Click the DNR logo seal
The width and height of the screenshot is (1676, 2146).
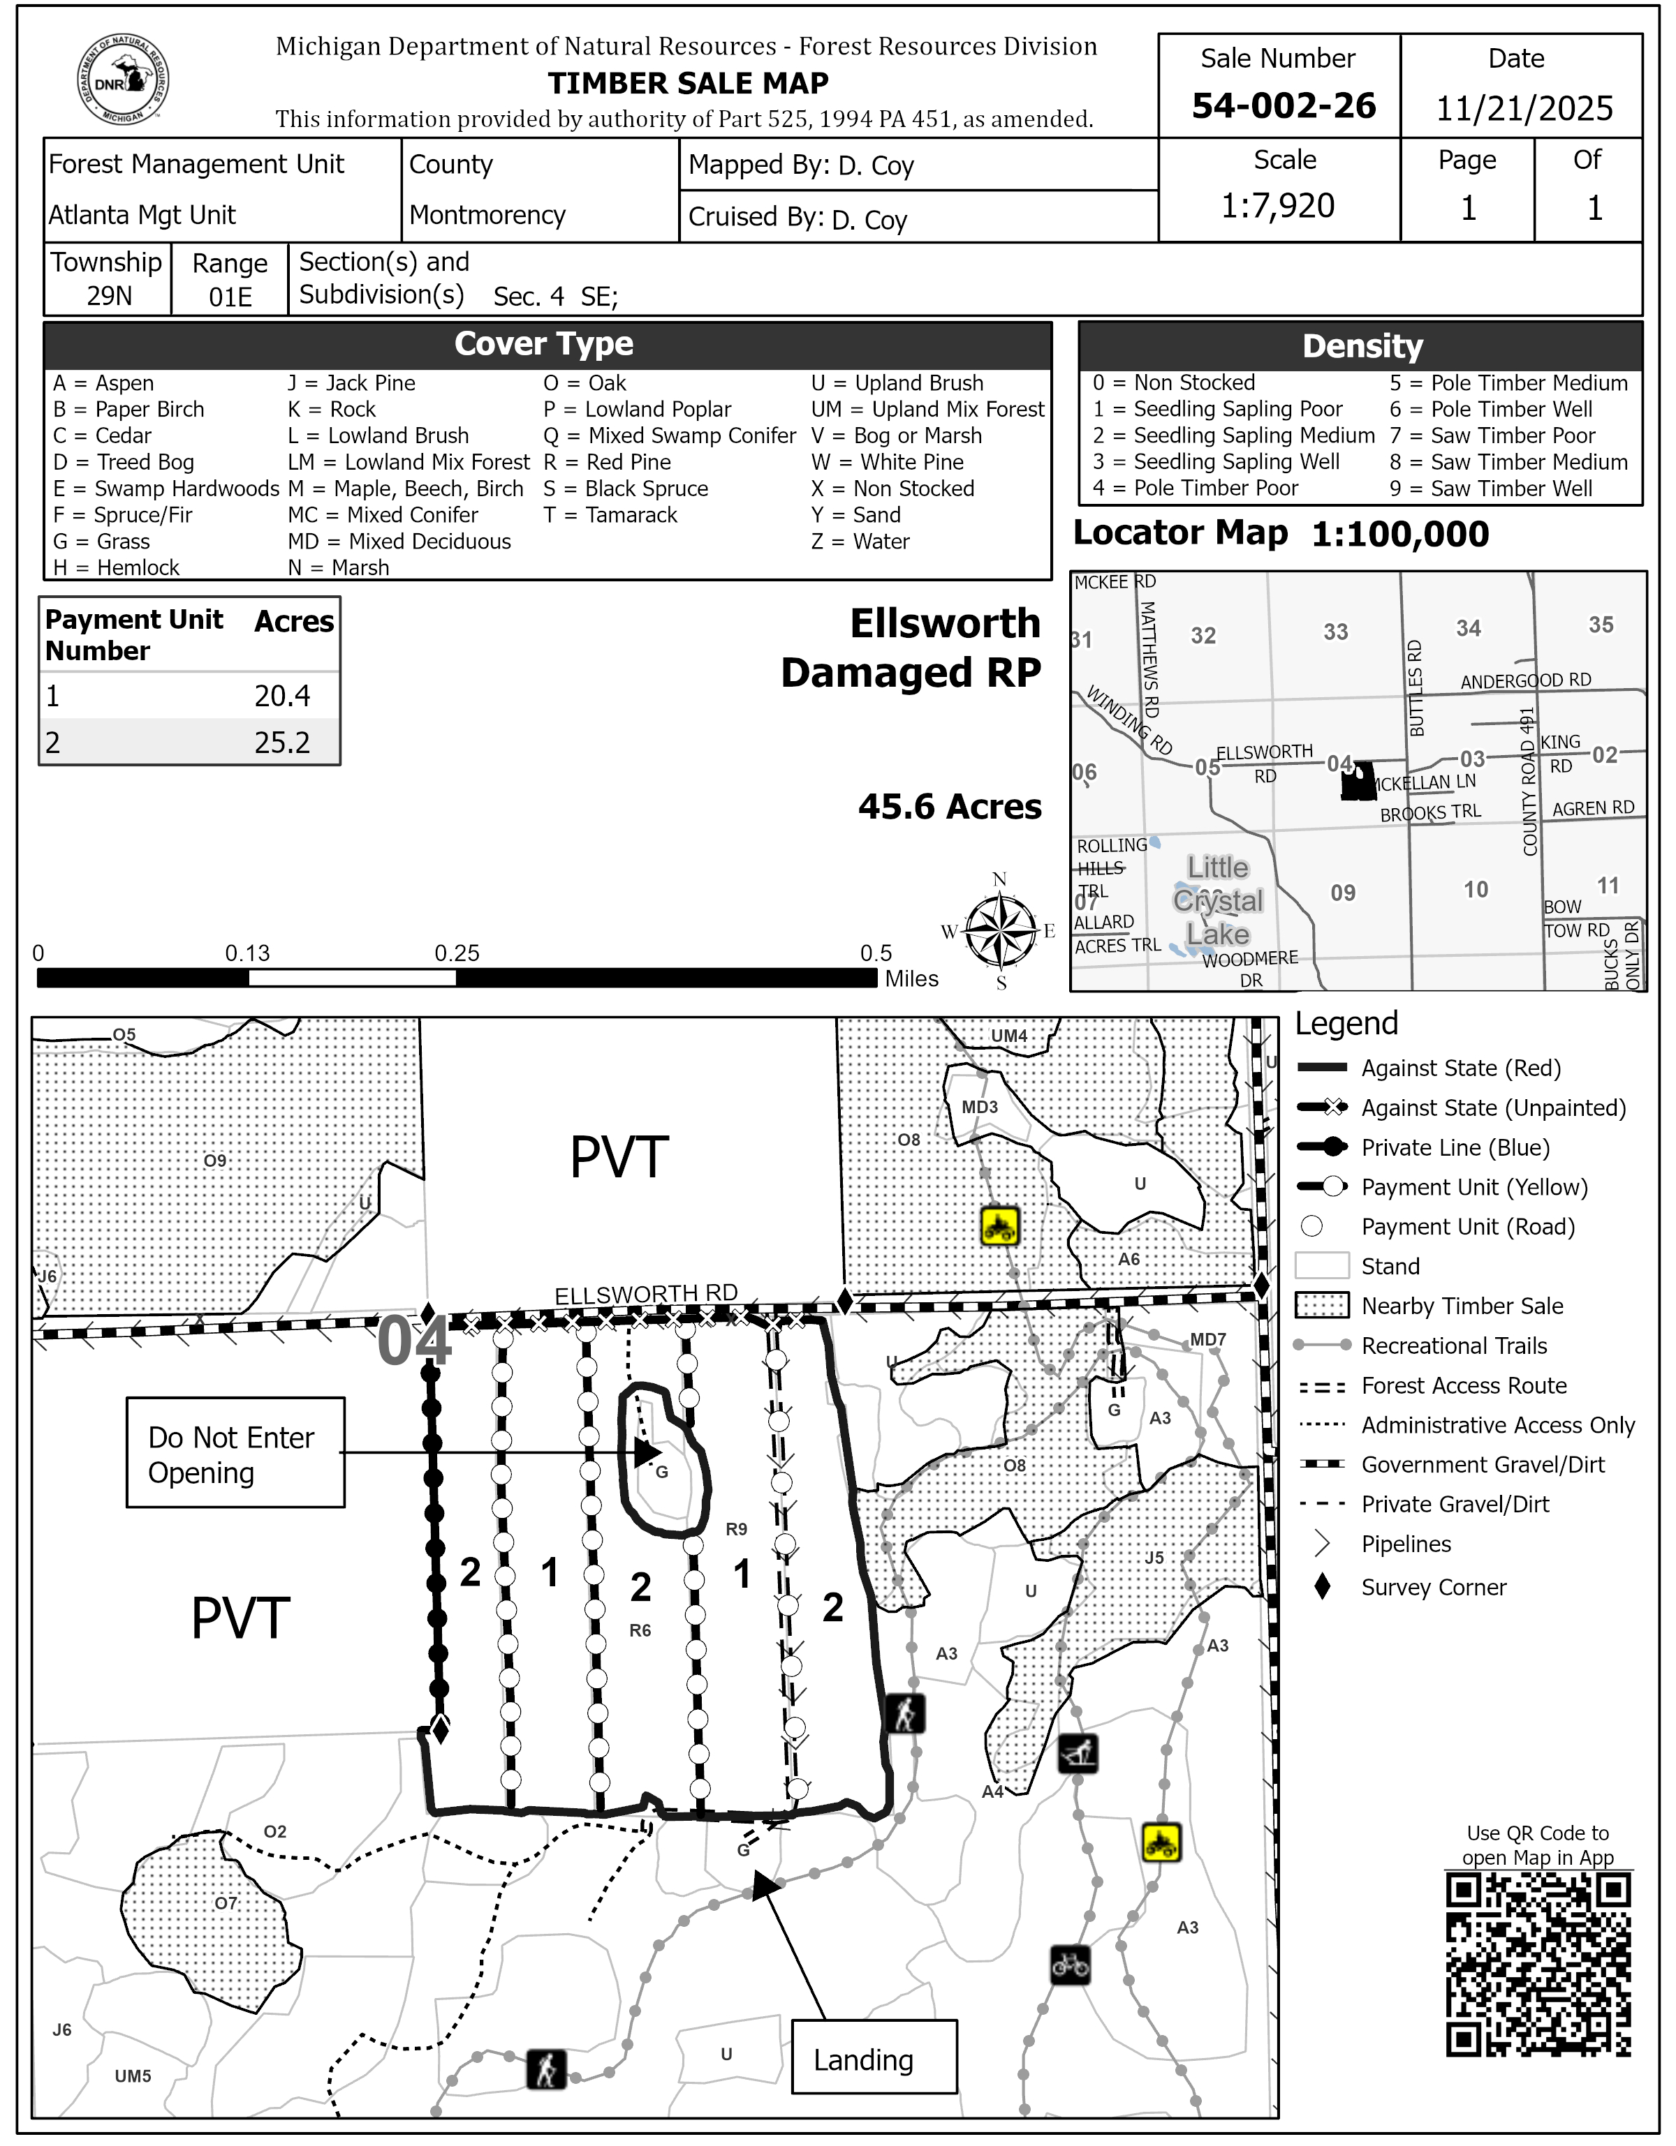pos(123,80)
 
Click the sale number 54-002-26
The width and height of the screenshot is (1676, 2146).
pos(1283,106)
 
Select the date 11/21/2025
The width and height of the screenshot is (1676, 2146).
pos(1524,108)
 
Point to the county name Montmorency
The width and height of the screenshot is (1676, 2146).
pos(487,214)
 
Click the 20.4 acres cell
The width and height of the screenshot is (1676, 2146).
pos(282,696)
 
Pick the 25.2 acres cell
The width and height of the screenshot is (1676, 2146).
pos(282,742)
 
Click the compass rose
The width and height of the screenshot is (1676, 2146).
pos(1000,930)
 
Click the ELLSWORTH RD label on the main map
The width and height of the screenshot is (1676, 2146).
pos(646,1295)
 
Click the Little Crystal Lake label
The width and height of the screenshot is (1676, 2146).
pos(1217,900)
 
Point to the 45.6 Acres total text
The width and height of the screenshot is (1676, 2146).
pos(950,807)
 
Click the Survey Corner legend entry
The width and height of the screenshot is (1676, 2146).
pos(1432,1587)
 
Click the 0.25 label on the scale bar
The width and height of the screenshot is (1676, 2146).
pos(457,953)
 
